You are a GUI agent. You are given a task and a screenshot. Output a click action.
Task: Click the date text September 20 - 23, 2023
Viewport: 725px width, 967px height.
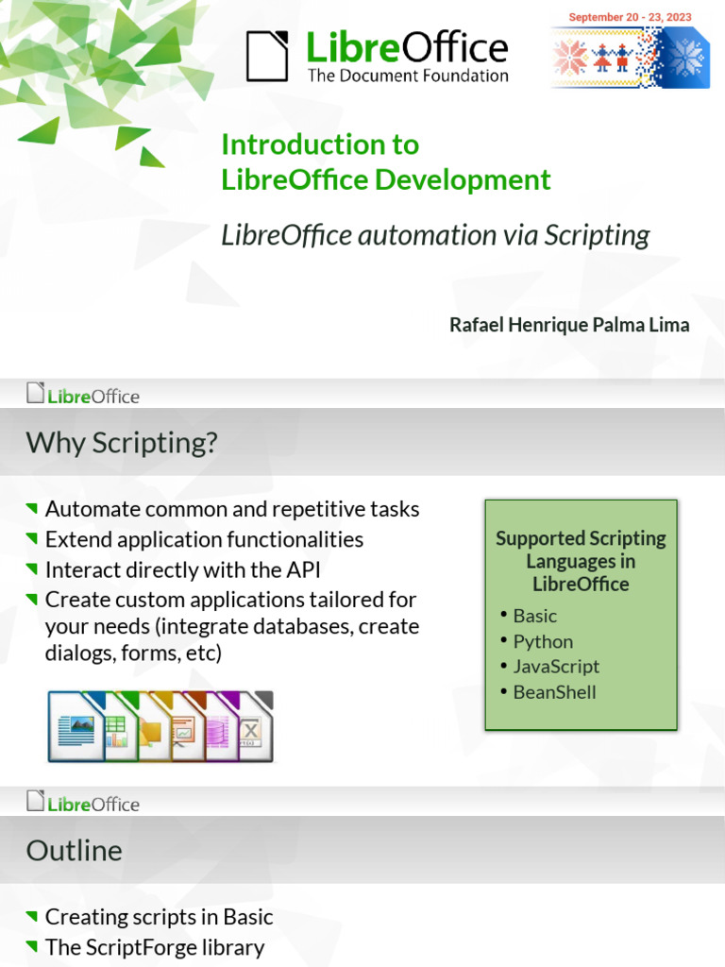click(x=630, y=17)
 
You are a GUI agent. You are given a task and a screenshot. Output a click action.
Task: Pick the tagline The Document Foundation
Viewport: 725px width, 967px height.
click(x=408, y=76)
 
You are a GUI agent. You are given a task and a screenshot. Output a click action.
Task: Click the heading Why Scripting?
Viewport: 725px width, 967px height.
click(x=122, y=442)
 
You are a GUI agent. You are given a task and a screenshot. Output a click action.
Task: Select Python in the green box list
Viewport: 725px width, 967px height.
click(x=543, y=641)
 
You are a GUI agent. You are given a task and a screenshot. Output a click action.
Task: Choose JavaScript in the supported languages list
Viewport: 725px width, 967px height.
click(x=556, y=666)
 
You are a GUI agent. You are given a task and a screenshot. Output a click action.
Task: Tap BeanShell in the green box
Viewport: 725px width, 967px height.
click(x=554, y=691)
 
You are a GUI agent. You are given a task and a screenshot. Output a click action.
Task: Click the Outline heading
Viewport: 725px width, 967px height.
click(x=75, y=851)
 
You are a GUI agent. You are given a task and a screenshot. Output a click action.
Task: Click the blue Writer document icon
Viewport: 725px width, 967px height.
click(x=75, y=729)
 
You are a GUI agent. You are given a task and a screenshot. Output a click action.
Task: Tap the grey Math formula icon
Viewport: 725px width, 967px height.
click(x=252, y=729)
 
